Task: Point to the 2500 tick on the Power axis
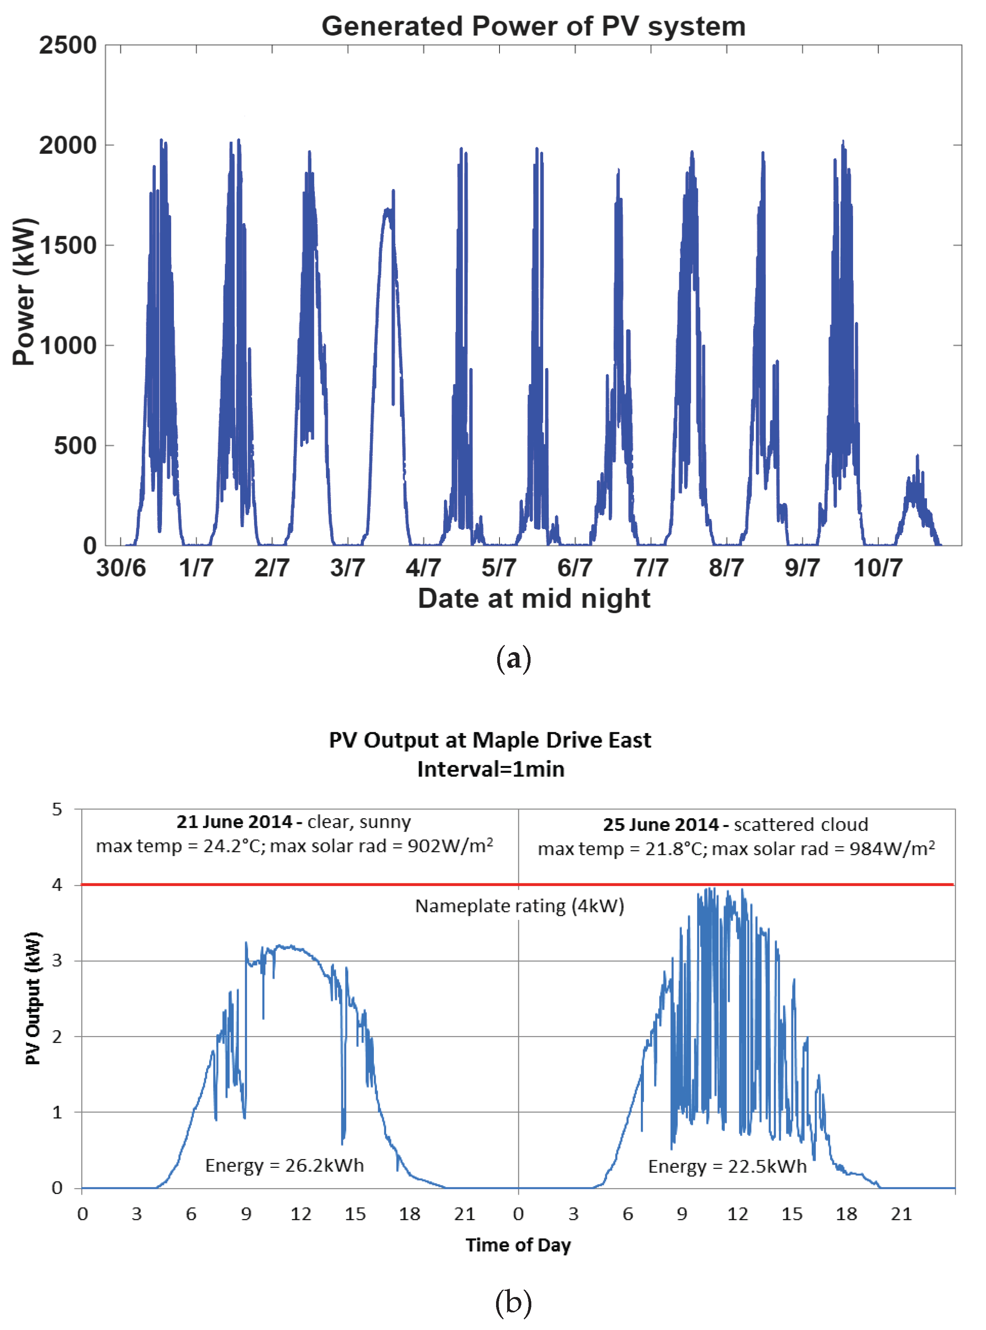coord(67,45)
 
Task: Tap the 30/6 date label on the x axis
coord(121,567)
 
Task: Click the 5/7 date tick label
coord(499,567)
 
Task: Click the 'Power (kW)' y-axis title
coord(25,293)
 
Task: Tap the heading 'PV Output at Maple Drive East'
coord(490,740)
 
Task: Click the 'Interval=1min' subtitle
coord(490,769)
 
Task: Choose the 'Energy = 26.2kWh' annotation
coord(284,1165)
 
